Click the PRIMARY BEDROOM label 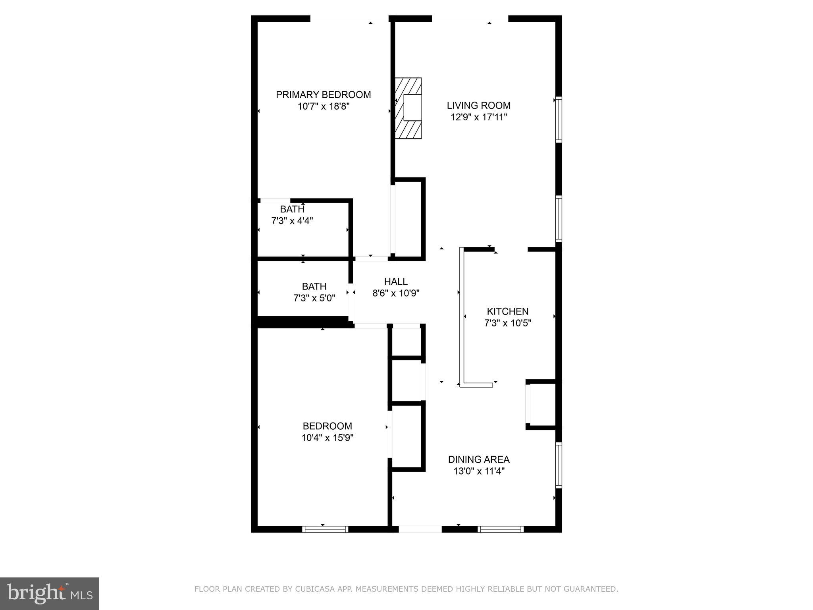(323, 95)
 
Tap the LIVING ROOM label (478, 106)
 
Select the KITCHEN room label (507, 312)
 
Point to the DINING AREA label (479, 459)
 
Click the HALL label (396, 282)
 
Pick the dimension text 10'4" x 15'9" (327, 438)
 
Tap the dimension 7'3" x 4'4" (292, 221)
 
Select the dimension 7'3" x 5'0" (314, 298)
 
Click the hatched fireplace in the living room (408, 108)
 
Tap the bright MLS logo (50, 593)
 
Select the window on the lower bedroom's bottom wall (325, 529)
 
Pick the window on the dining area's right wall (559, 465)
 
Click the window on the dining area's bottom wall (501, 529)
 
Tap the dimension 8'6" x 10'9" (396, 293)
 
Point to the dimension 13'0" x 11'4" (479, 471)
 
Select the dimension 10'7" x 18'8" (323, 107)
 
